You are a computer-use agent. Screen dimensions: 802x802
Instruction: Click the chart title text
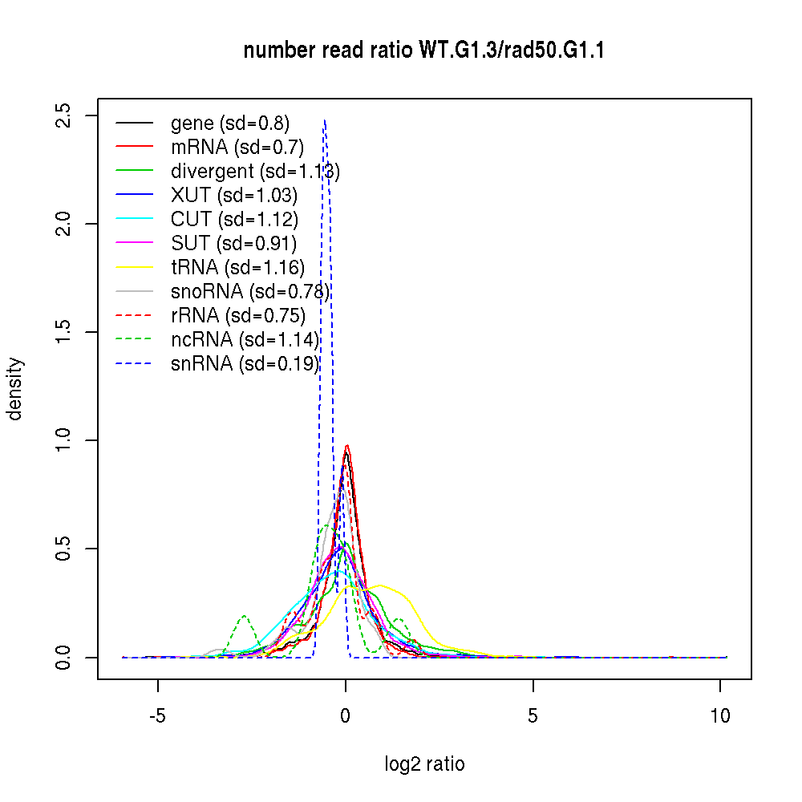tap(423, 51)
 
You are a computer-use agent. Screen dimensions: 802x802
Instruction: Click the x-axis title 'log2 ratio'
tap(424, 764)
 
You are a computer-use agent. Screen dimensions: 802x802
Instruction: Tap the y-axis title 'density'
tap(15, 389)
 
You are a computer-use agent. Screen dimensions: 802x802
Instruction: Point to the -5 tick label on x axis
tap(157, 716)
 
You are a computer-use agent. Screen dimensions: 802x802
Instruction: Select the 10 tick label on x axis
tap(720, 716)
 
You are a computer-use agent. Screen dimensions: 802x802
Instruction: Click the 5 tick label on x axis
tap(533, 716)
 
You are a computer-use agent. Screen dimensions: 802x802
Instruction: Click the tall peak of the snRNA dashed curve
tap(324, 122)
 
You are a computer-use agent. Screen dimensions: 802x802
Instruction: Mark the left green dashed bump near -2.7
tap(244, 617)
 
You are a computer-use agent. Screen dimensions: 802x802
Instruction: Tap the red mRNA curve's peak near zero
tap(347, 447)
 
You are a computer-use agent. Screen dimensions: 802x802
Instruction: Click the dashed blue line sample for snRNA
tap(134, 364)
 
